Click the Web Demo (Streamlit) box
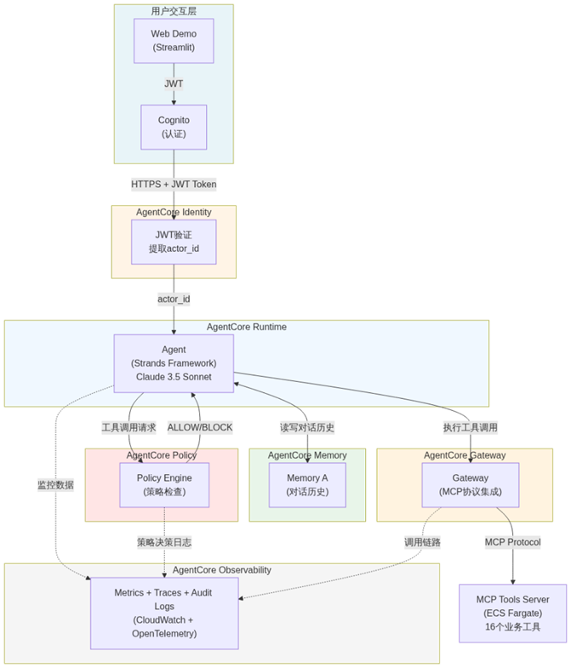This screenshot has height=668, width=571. [174, 40]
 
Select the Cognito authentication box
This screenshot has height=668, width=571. [174, 127]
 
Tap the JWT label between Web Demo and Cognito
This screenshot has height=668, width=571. [174, 83]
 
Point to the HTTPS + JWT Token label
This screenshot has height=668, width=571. [174, 184]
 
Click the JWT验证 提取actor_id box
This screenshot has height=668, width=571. [174, 241]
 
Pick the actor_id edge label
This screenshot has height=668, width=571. [174, 299]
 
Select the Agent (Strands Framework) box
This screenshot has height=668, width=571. [174, 363]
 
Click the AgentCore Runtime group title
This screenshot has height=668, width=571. [247, 327]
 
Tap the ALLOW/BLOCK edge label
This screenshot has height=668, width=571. [200, 427]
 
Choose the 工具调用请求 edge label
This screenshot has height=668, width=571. [128, 427]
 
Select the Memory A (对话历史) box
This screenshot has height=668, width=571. [308, 484]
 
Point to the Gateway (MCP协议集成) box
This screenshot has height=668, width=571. [471, 484]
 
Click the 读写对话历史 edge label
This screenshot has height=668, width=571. [307, 427]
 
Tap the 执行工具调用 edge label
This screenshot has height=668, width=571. [471, 427]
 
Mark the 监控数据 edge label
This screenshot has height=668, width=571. [55, 484]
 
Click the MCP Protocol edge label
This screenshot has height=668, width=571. [512, 541]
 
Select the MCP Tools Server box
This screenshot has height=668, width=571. [512, 613]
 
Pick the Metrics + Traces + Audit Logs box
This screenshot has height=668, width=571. [164, 613]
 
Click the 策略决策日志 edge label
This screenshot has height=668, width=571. [164, 541]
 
